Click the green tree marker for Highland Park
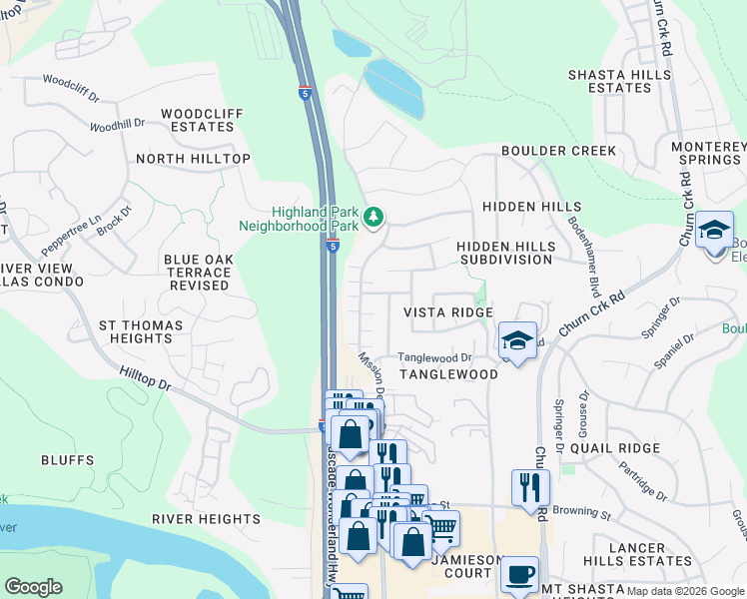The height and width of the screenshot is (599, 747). point(373,217)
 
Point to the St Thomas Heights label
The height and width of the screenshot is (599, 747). point(141,332)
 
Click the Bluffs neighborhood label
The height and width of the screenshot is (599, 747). point(67,460)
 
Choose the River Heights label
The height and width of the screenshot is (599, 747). point(207,519)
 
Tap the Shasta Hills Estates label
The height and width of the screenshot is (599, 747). point(609,82)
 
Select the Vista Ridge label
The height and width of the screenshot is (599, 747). point(447,312)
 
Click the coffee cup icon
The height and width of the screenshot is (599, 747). point(519,575)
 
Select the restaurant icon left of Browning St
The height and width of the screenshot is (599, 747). point(529,487)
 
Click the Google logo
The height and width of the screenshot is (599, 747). point(33,586)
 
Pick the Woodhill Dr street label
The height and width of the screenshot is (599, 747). point(117,126)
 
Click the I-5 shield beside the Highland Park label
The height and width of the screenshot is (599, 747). point(333,245)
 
